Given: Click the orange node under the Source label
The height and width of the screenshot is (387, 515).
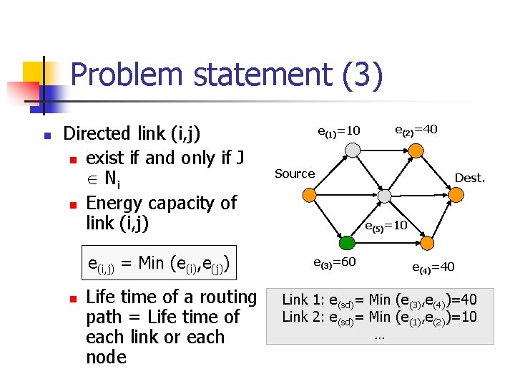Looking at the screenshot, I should coord(308,194).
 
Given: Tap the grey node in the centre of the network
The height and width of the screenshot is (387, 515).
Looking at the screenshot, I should coord(384,195).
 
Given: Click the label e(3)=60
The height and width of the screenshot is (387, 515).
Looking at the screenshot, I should coord(335,262).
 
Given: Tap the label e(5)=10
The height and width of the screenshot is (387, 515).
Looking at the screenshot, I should coord(386,225).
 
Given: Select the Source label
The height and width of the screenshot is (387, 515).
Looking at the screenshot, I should coord(295,173).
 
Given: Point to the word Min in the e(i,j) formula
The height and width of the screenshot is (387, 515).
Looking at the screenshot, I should coord(152,263).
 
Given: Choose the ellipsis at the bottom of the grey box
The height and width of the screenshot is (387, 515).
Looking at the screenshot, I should coord(379,334).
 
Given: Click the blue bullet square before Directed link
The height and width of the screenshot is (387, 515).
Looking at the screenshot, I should coord(46,135).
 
